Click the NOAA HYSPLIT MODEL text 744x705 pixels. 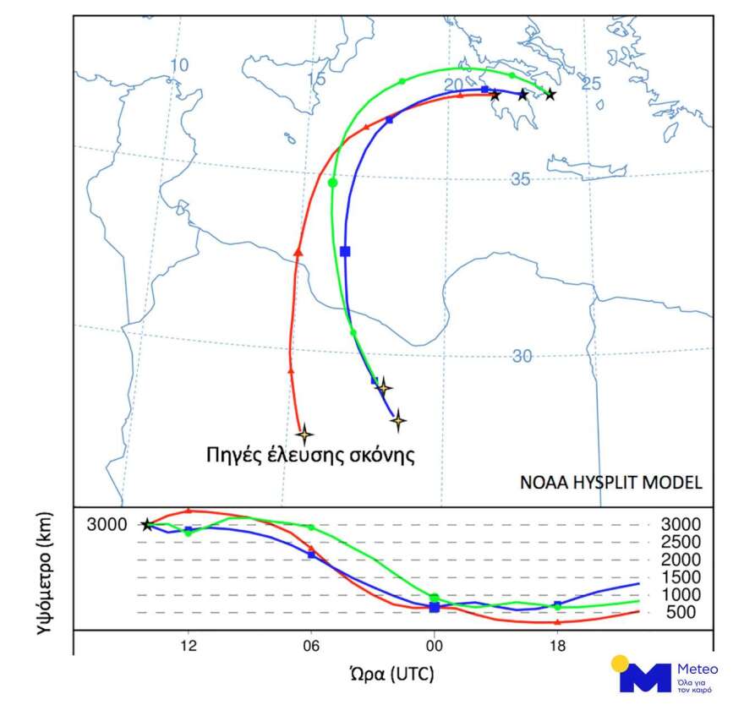point(610,483)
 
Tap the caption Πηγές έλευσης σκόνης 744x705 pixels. point(310,456)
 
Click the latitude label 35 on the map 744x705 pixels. point(521,179)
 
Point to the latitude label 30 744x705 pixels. point(522,356)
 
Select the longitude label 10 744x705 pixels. point(178,65)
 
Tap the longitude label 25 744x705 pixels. point(591,84)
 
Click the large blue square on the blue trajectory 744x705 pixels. point(345,251)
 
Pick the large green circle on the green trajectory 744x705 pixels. point(332,183)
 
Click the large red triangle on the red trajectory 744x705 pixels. point(298,252)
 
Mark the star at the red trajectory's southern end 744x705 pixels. point(304,434)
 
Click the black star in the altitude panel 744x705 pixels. point(147,525)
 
